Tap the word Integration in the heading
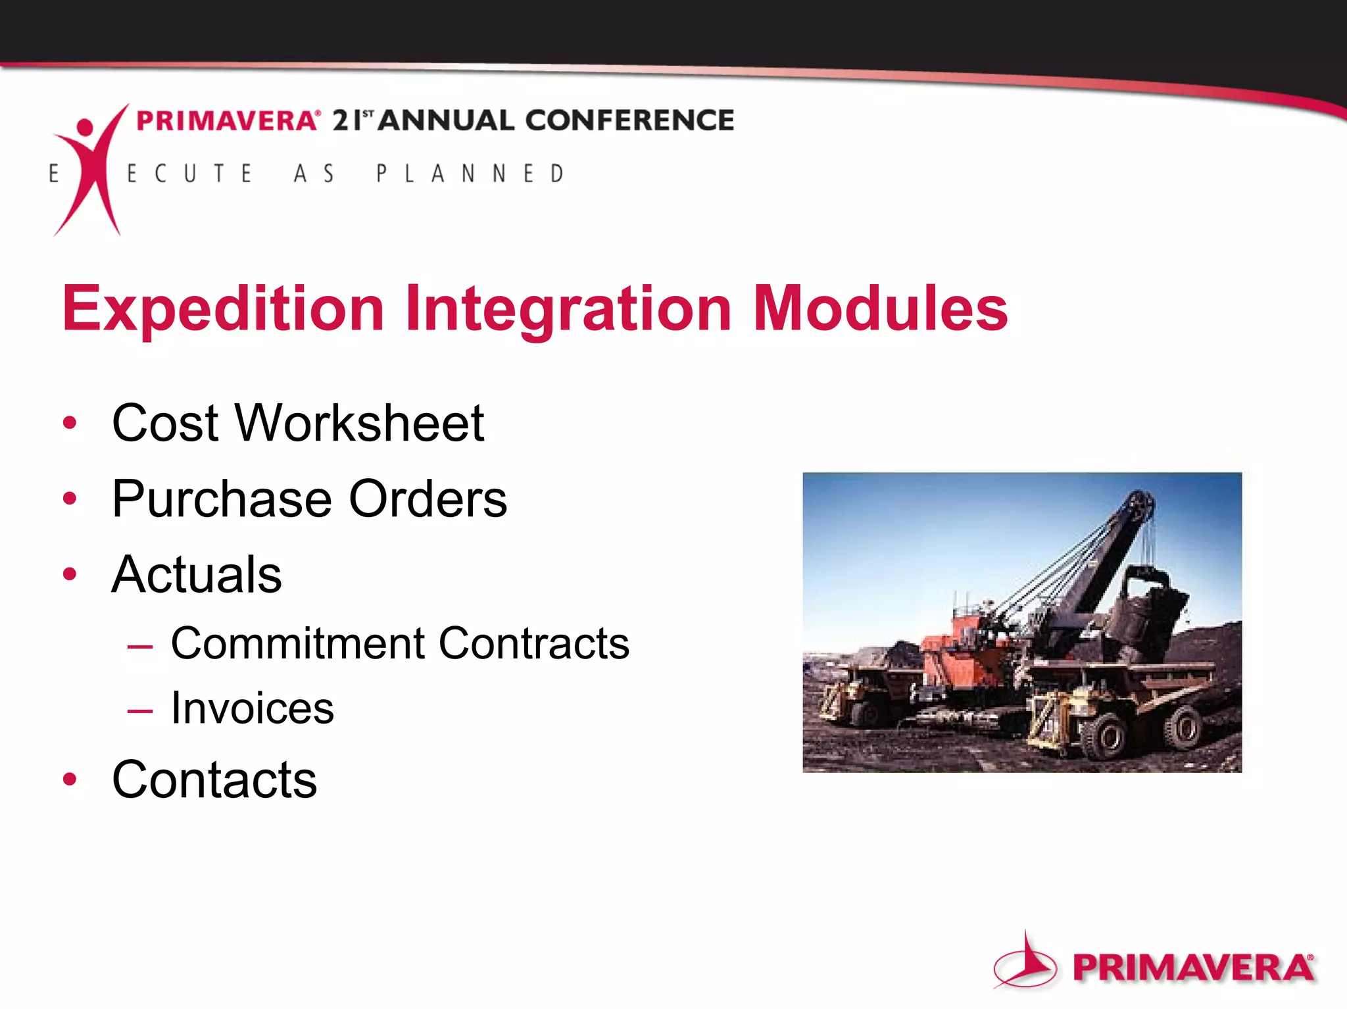[x=568, y=309]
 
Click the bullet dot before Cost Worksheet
[x=70, y=422]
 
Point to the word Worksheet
[x=360, y=422]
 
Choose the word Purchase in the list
[x=220, y=499]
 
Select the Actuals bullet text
[x=197, y=574]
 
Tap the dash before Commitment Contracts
[x=140, y=646]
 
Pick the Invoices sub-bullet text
[x=253, y=708]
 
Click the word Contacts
[x=214, y=779]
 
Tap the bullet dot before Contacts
[x=70, y=779]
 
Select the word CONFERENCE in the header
[x=629, y=120]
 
